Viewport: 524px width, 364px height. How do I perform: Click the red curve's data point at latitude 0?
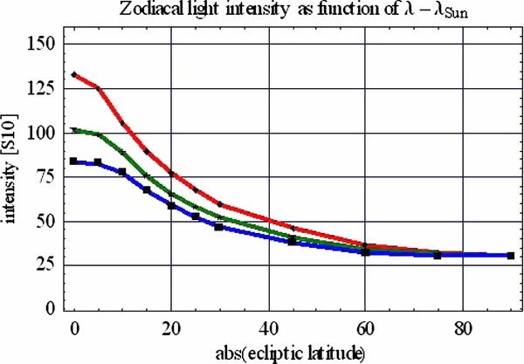pos(74,75)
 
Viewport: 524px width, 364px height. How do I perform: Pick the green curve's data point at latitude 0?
pos(74,130)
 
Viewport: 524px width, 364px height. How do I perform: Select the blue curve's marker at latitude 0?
pos(74,161)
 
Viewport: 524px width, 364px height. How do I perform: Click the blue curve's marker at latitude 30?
pos(219,227)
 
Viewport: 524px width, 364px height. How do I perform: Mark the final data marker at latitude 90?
pos(510,256)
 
